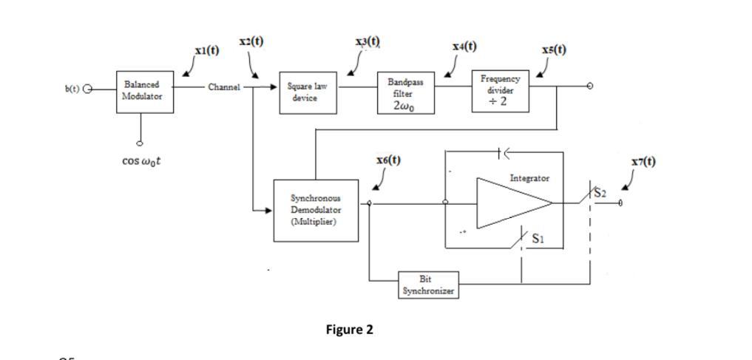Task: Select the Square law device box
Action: point(308,92)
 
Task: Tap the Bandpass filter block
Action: point(405,93)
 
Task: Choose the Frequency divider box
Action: point(501,90)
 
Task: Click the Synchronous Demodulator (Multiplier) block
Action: point(316,210)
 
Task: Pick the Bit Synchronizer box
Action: point(428,285)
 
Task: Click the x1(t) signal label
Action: point(207,50)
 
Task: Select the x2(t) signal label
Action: point(251,42)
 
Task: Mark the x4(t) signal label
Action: point(464,47)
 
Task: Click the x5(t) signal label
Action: point(554,50)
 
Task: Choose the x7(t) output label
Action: point(643,161)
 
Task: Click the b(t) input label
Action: point(72,89)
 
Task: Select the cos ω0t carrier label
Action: point(142,160)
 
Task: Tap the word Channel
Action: point(224,87)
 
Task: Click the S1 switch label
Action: point(538,239)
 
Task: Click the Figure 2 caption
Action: point(349,330)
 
